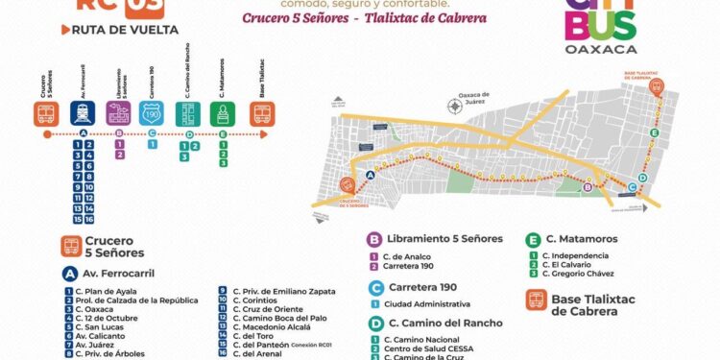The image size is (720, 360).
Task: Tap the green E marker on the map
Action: coord(655,132)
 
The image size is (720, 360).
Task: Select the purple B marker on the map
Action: coord(588,188)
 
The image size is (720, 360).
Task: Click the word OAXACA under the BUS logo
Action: coord(587,48)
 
